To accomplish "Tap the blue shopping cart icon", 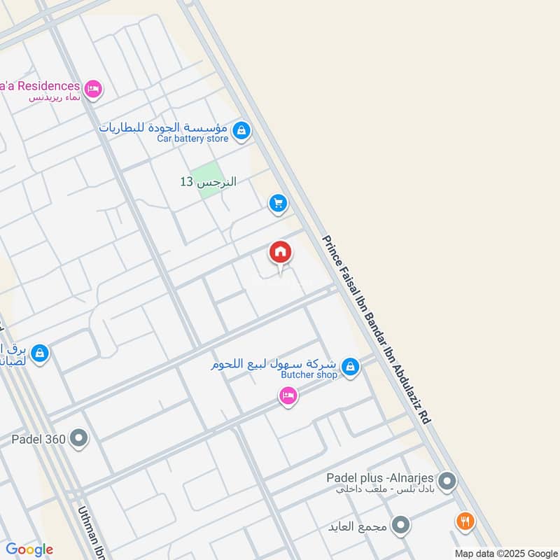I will (x=279, y=204).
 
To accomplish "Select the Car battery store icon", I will (x=241, y=130).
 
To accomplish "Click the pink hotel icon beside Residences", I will (x=93, y=90).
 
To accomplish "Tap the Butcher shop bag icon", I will (x=351, y=366).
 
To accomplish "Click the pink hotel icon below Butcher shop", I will (x=287, y=397).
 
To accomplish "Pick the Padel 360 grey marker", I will (x=80, y=440).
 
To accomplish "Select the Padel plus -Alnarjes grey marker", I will (x=448, y=482).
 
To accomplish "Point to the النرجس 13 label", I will (x=208, y=182).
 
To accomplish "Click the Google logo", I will (x=29, y=549).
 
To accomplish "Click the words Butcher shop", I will (x=309, y=375).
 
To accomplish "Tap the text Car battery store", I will (x=192, y=139).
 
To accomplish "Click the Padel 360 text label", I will (x=38, y=440).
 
